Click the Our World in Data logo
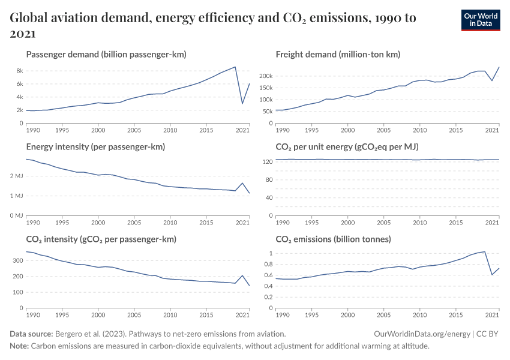click(480, 20)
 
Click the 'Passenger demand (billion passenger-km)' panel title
click(106, 55)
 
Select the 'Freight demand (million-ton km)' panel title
click(338, 55)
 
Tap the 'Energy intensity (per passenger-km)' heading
click(95, 146)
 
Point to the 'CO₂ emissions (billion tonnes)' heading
click(333, 239)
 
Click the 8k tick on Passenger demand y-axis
click(19, 71)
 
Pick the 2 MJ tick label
click(16, 176)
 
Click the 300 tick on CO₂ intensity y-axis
click(17, 261)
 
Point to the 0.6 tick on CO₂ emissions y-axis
click(267, 275)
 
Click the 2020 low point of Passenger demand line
click(242, 103)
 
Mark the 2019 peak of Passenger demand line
click(235, 67)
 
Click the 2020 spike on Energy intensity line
click(242, 183)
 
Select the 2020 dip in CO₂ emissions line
click(492, 274)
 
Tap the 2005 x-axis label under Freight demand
click(383, 130)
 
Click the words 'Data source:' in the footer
click(31, 334)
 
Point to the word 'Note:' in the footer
click(19, 346)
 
